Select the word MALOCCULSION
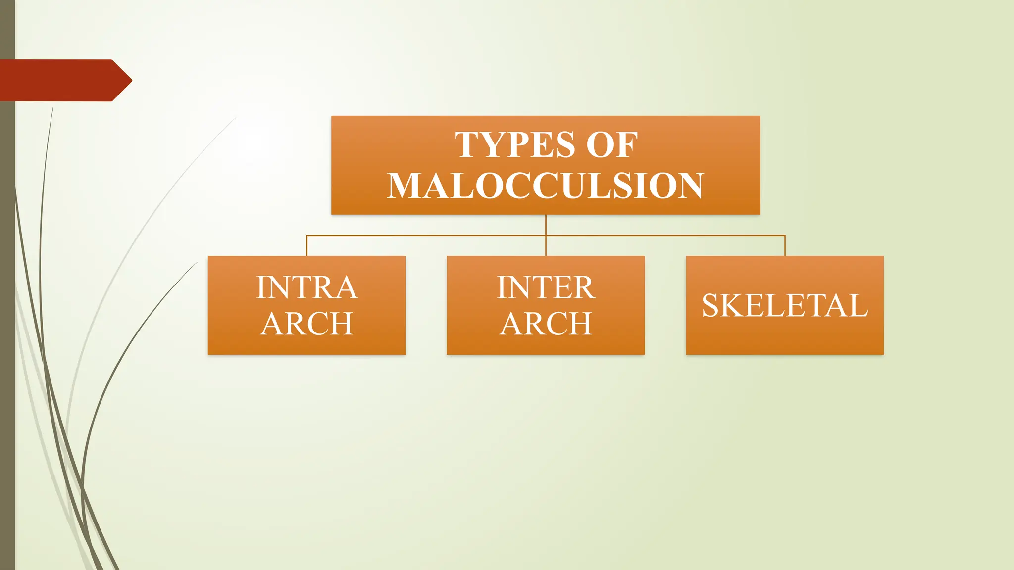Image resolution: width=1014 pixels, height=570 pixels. click(x=545, y=186)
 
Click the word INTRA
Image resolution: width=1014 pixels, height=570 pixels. click(x=307, y=287)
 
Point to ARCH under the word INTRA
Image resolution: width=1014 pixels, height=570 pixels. click(x=307, y=324)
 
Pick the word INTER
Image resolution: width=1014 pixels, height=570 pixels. click(x=546, y=287)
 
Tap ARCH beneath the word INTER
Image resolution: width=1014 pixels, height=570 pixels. click(x=546, y=324)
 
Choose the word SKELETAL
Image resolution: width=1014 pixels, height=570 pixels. click(x=785, y=305)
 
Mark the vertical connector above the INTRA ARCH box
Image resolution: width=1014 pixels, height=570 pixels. click(x=307, y=245)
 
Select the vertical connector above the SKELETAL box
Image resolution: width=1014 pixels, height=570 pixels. click(x=785, y=245)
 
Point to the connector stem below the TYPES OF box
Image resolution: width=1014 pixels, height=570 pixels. click(x=546, y=225)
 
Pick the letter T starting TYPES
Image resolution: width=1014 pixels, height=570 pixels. click(x=466, y=145)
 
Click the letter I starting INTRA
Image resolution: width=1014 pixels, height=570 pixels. click(x=261, y=287)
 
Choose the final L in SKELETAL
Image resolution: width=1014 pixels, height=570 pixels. click(x=859, y=305)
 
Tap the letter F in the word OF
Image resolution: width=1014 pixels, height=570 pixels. click(x=627, y=145)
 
